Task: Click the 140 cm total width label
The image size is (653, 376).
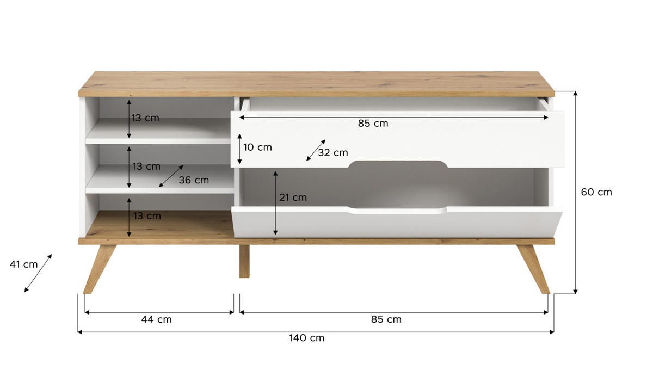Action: click(306, 338)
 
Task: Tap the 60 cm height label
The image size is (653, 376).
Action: click(596, 192)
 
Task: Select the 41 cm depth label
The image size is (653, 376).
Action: click(24, 264)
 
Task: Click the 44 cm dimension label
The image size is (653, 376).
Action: click(156, 319)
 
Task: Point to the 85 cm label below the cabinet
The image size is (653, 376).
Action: click(386, 319)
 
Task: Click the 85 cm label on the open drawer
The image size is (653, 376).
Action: click(373, 124)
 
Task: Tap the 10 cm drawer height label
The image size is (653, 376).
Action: click(257, 147)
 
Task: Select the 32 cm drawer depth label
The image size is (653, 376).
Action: click(332, 153)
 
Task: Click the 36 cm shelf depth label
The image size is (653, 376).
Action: click(194, 180)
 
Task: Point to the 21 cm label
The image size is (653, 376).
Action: click(293, 198)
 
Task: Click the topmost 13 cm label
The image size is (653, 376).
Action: click(146, 118)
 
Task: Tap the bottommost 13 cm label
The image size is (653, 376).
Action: click(146, 216)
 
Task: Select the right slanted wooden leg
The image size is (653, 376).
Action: click(534, 269)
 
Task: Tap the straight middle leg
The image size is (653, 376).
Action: click(244, 261)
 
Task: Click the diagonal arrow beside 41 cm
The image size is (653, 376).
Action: click(38, 273)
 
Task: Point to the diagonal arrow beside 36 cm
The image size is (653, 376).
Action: click(171, 176)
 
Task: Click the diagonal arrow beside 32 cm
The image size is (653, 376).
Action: click(316, 150)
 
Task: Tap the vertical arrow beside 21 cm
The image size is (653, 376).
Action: click(276, 202)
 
